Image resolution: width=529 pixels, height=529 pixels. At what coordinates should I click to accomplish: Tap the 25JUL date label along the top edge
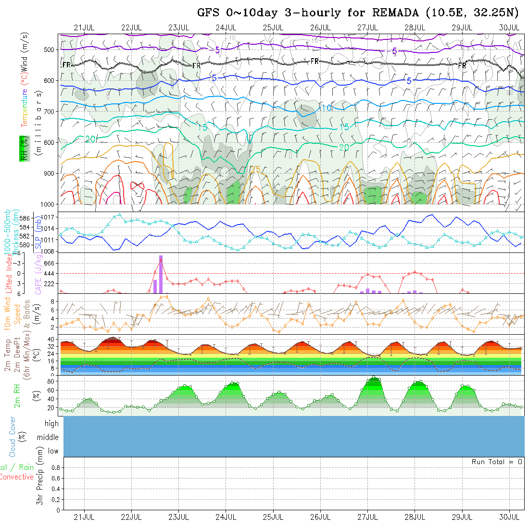(x=273, y=27)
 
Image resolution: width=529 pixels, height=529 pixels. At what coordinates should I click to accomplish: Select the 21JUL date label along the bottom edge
(x=84, y=517)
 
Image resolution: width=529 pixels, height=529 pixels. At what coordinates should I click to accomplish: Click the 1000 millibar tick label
(x=49, y=204)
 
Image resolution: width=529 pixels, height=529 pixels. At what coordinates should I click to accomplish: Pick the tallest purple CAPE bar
(x=161, y=274)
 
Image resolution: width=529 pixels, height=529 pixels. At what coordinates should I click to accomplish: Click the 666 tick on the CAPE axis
(x=50, y=263)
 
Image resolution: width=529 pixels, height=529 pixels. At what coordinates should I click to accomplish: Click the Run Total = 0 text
(x=497, y=462)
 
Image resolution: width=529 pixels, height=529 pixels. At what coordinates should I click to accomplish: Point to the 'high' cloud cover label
(x=51, y=424)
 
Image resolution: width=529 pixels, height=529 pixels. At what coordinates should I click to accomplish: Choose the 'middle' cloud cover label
(x=48, y=437)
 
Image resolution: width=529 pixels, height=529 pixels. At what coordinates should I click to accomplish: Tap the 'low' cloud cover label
(x=53, y=451)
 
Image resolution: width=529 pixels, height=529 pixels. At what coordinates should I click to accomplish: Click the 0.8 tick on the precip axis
(x=55, y=467)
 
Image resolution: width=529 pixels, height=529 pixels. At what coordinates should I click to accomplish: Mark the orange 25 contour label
(x=256, y=169)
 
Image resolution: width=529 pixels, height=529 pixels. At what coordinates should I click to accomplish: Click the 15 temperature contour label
(x=344, y=127)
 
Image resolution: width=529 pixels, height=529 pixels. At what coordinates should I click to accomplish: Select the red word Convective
(x=16, y=477)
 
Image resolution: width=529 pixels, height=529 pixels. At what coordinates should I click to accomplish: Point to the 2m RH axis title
(x=17, y=395)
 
